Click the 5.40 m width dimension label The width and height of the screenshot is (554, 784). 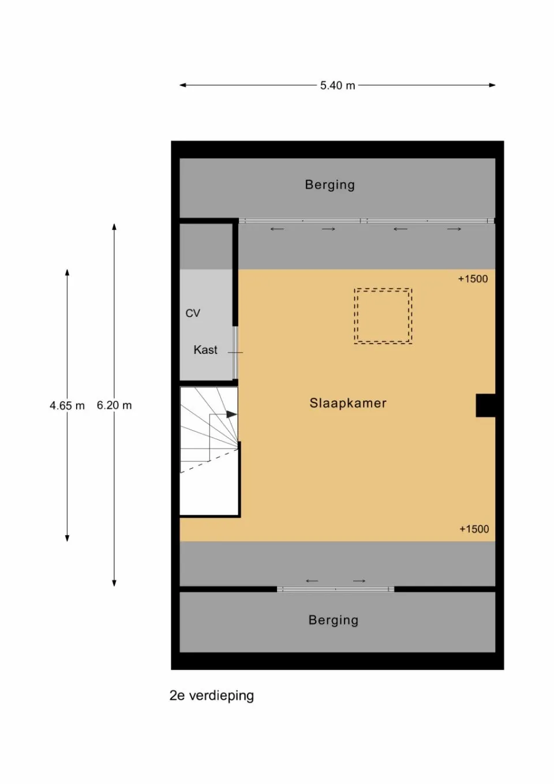[x=338, y=85]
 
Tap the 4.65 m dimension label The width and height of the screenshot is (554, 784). [x=67, y=405]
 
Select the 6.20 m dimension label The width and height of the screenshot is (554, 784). [x=114, y=405]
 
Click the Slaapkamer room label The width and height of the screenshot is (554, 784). [x=348, y=403]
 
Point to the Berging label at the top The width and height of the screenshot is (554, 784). [x=330, y=185]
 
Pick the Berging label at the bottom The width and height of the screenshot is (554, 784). [x=333, y=620]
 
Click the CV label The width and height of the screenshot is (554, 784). [x=193, y=313]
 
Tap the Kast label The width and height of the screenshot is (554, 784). [x=205, y=350]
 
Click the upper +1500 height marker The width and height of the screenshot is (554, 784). [x=473, y=279]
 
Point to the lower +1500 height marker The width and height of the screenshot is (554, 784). [x=474, y=529]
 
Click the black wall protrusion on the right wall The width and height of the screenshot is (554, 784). [x=485, y=405]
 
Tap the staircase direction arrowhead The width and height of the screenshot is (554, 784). [x=232, y=414]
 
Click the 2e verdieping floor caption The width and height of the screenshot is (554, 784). [x=211, y=695]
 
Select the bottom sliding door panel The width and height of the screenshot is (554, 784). [x=335, y=589]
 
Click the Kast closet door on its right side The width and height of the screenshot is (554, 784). [x=235, y=352]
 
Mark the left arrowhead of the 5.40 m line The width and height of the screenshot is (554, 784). [x=182, y=85]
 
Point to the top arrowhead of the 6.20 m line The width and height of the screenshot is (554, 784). [x=114, y=226]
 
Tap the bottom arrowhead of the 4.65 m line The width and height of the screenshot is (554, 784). [x=67, y=538]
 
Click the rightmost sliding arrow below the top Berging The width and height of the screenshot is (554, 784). [x=454, y=229]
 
